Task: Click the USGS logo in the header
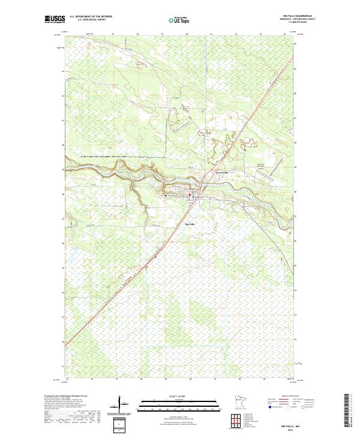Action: pyautogui.click(x=55, y=19)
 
